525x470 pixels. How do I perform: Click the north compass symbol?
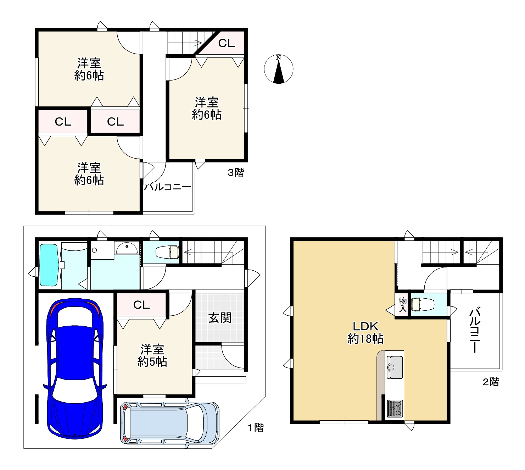point(279,69)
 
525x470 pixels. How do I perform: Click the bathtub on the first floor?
point(49,265)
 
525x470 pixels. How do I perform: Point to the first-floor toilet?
point(167,252)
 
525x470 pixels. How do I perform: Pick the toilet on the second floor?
point(423,304)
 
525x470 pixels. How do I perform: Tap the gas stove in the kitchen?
point(395,408)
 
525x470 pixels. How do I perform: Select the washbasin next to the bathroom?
point(127,249)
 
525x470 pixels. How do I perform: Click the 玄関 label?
point(220,318)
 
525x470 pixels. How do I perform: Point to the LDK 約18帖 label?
point(365,333)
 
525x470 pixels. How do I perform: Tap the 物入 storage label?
point(403,305)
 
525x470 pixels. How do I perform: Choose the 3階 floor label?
point(236,172)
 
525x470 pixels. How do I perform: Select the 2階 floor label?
point(491,382)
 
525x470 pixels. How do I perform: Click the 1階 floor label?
point(256,428)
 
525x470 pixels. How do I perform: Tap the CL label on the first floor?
point(141,305)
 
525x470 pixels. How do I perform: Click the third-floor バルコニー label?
point(168,187)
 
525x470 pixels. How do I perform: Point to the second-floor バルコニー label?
point(475,330)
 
